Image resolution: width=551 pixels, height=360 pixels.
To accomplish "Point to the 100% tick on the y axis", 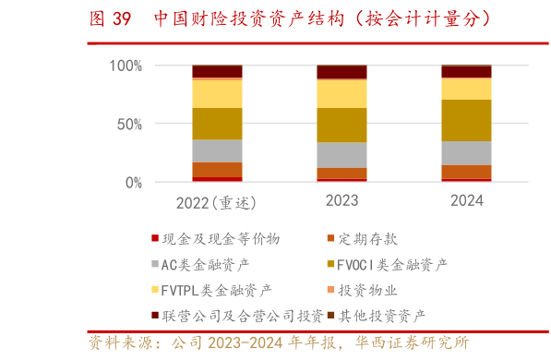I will (126, 66).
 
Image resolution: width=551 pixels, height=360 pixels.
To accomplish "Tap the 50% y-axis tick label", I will (129, 124).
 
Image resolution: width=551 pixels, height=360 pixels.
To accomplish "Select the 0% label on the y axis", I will (134, 183).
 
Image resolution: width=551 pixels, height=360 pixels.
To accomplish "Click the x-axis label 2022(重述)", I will (216, 201).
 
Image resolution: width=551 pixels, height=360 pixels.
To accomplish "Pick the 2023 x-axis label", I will (341, 200).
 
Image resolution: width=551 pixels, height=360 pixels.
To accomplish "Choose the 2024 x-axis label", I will (466, 200).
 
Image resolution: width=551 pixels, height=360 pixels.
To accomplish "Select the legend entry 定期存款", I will (368, 239).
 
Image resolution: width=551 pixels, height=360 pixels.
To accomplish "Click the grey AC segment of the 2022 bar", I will (217, 150).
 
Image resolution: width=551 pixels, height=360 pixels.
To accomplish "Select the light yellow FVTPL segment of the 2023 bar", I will (341, 94).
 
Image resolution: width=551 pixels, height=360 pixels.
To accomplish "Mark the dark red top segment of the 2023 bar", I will (341, 72).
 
